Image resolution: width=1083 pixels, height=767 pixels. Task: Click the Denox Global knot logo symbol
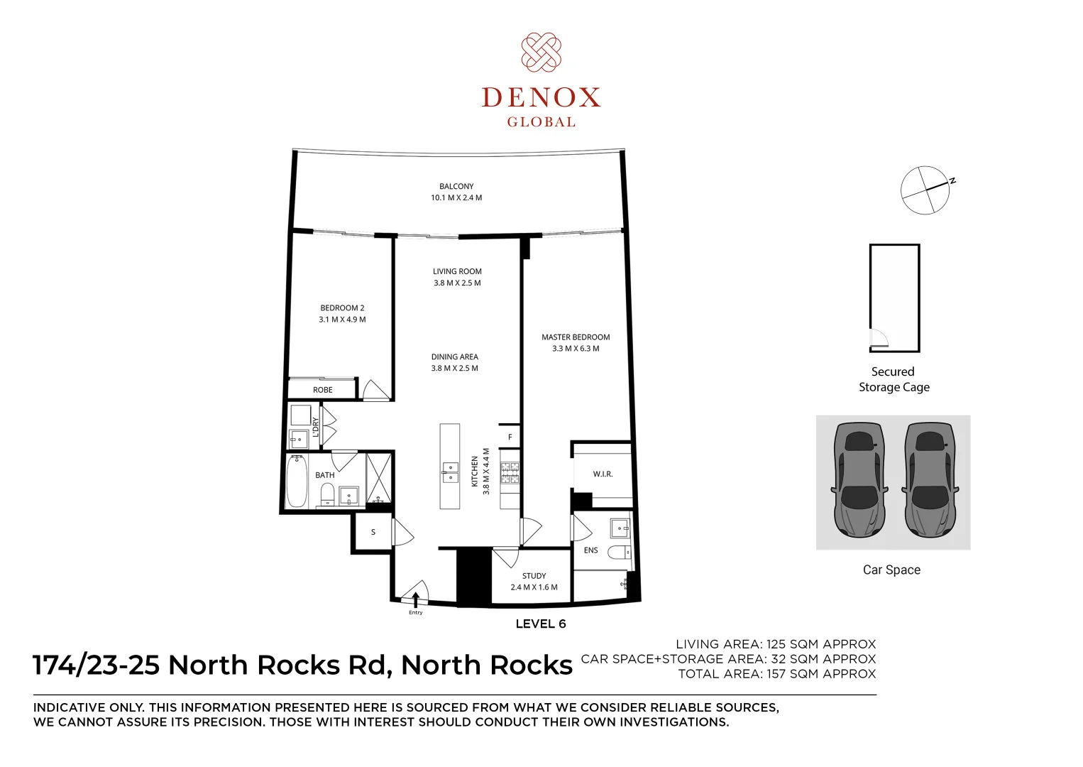click(541, 52)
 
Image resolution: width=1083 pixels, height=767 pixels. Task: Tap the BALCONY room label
click(456, 186)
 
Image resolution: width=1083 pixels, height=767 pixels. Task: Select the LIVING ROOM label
click(457, 271)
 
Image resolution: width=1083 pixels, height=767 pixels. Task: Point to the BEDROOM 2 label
click(342, 308)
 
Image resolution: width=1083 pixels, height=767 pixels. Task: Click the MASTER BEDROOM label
click(576, 337)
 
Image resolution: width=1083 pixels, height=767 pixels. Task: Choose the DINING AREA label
click(454, 357)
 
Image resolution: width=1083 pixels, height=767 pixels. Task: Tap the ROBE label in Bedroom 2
click(322, 390)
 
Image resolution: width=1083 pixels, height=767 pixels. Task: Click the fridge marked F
click(510, 437)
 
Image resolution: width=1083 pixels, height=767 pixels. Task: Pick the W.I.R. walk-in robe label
click(603, 474)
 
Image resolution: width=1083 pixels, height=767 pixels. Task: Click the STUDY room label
click(534, 576)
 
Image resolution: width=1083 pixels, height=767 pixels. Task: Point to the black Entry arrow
click(415, 599)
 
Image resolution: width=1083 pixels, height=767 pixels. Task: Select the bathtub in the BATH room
click(297, 481)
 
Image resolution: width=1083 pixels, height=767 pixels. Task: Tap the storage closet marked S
click(373, 533)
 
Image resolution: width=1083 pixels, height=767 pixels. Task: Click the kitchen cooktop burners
click(510, 473)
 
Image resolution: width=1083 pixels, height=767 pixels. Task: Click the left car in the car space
click(859, 480)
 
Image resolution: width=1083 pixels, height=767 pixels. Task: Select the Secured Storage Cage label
click(894, 379)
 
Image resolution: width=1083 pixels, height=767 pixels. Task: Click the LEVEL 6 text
click(541, 624)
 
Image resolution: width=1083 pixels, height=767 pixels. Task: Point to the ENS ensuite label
click(590, 550)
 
